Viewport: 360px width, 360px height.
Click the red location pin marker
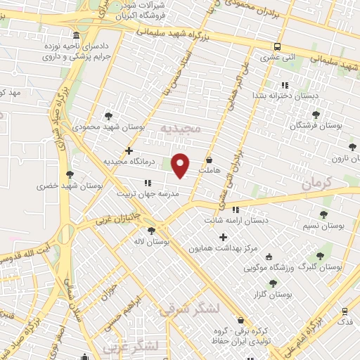181,165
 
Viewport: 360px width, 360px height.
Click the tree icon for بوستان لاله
149,231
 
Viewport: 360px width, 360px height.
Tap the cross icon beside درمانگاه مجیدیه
128,150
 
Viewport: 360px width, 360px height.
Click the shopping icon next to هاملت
210,160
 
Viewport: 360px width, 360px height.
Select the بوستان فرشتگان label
314,125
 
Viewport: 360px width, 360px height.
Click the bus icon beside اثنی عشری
278,46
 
